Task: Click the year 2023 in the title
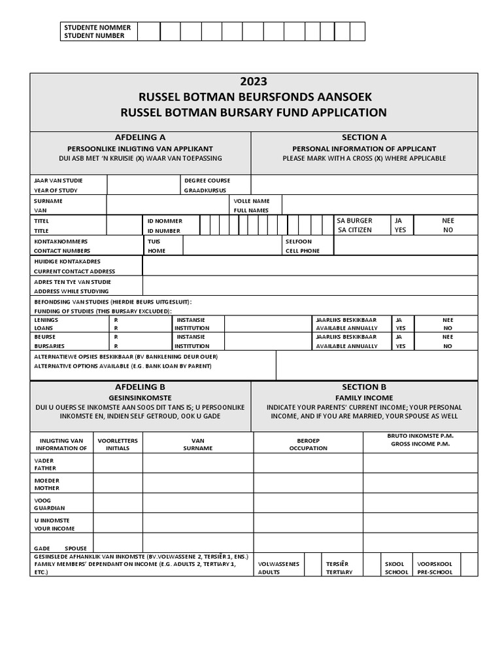click(254, 82)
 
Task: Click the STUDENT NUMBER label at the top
click(96, 36)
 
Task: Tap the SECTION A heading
click(364, 137)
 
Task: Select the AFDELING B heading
click(140, 387)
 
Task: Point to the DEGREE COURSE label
click(207, 181)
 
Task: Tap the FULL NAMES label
click(251, 211)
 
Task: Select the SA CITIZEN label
click(354, 230)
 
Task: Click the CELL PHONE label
click(303, 251)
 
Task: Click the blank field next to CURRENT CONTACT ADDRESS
click(310, 266)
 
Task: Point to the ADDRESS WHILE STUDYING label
click(71, 291)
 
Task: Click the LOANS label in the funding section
click(45, 328)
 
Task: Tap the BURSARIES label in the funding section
click(49, 346)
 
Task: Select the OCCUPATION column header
click(308, 448)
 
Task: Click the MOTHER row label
click(46, 488)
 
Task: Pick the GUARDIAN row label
click(50, 508)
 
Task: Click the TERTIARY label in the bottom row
click(339, 572)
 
